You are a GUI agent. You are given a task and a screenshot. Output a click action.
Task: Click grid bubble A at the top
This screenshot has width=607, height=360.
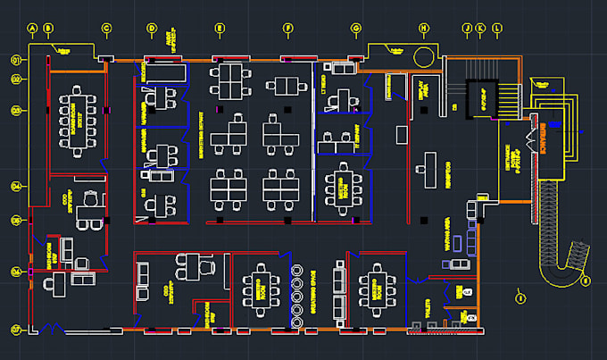tap(33, 29)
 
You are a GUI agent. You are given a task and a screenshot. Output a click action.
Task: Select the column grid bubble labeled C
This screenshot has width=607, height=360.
tap(107, 29)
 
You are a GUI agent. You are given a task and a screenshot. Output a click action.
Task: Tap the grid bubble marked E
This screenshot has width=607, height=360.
tap(220, 29)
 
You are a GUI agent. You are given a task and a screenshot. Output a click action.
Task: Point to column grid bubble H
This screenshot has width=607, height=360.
tap(423, 29)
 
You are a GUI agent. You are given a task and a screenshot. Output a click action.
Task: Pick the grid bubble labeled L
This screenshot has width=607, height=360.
tap(497, 29)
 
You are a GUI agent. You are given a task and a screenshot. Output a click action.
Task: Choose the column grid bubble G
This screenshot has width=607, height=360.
tap(356, 29)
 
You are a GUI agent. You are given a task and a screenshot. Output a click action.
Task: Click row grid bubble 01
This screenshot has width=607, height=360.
tap(16, 60)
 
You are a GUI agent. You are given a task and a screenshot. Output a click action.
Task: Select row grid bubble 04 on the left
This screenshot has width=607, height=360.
tap(16, 187)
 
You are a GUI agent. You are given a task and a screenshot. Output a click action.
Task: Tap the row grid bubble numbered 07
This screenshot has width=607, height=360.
tap(16, 330)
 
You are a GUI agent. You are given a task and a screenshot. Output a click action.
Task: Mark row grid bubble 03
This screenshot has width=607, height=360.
tap(16, 110)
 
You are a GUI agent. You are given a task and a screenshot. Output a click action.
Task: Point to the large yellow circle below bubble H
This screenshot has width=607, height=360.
tap(423, 56)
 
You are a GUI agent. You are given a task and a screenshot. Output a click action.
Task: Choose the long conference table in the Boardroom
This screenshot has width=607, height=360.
tap(74, 119)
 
